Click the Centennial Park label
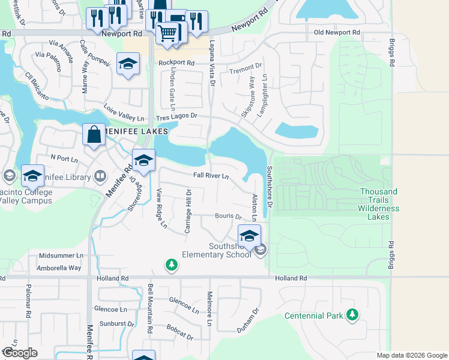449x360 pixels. pos(313,316)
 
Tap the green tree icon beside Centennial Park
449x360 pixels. pos(352,314)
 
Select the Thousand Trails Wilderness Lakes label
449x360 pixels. pos(378,204)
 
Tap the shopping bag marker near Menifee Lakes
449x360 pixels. pos(94,135)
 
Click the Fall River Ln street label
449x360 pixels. pos(211,176)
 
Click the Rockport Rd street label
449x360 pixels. pos(176,62)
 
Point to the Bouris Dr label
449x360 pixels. pos(228,217)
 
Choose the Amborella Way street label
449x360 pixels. pos(59,268)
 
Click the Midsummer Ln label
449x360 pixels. pos(61,256)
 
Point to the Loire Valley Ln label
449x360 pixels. pos(125,115)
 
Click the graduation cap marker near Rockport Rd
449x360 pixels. pos(127,65)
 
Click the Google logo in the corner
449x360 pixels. pos(20,353)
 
